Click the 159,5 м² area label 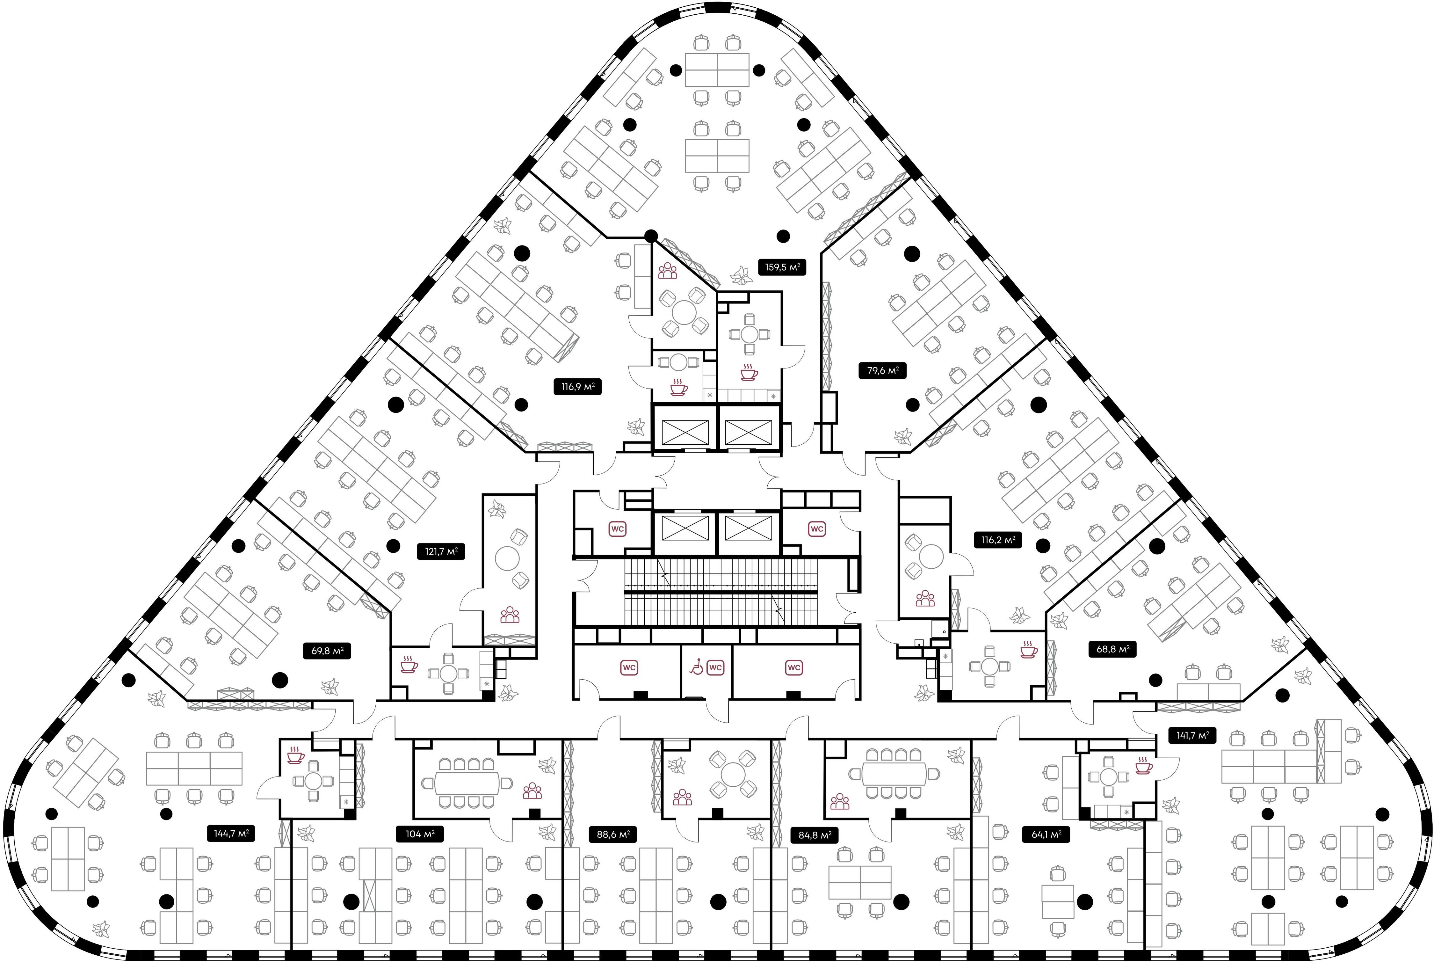point(781,267)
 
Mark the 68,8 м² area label point(1112,648)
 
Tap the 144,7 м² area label point(231,833)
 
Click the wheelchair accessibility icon point(696,667)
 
